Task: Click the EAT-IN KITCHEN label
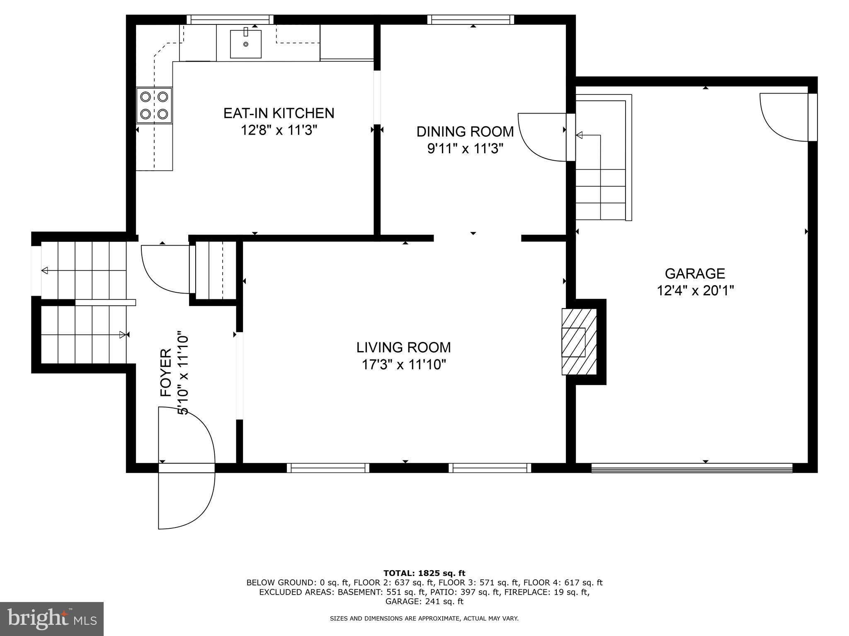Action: point(279,113)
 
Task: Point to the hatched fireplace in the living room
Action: point(579,342)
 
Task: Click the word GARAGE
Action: point(695,273)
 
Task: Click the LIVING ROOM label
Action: point(403,347)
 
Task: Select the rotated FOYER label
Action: point(166,373)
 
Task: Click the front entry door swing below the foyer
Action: point(186,497)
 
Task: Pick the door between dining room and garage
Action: point(543,137)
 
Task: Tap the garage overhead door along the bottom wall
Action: point(691,468)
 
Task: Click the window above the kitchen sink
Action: point(230,19)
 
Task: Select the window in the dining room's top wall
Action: point(471,19)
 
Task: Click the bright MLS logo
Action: point(52,619)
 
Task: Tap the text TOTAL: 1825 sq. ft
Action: point(424,573)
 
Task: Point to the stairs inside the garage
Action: point(601,166)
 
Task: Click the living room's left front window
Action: point(328,468)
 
